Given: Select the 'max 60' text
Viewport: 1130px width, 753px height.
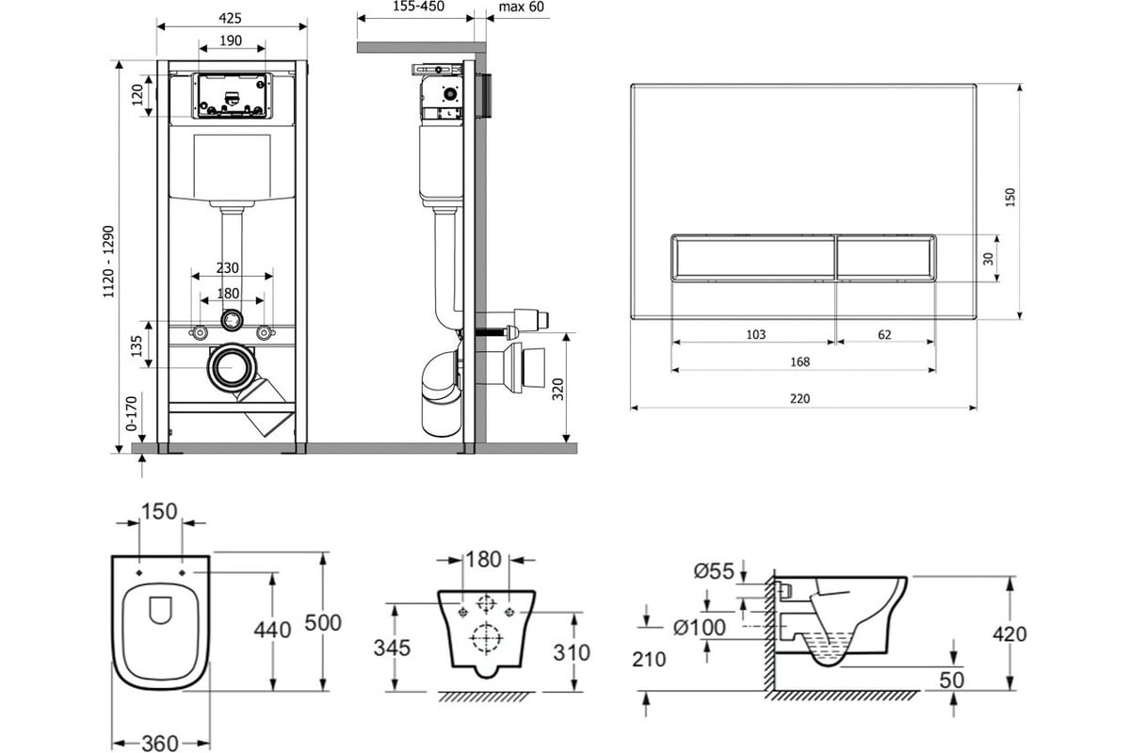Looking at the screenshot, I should point(521,7).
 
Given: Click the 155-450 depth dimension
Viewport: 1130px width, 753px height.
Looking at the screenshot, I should point(415,7).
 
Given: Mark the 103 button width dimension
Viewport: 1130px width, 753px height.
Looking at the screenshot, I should point(754,334).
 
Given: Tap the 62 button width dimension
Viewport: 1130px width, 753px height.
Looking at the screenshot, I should point(883,334).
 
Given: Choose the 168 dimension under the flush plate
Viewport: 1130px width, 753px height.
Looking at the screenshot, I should point(800,361).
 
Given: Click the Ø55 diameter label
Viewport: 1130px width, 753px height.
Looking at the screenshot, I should point(713,569).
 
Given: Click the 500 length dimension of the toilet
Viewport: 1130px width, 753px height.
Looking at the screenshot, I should point(324,622).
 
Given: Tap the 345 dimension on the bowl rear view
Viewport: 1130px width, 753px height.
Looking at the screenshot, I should point(392,648).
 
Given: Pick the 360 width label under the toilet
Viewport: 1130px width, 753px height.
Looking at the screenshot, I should point(159,742).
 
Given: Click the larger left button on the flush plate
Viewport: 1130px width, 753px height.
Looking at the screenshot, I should point(752,255).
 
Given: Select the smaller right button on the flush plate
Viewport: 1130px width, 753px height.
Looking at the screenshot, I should point(884,255).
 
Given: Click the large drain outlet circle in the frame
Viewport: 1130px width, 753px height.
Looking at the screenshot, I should point(231,369).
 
